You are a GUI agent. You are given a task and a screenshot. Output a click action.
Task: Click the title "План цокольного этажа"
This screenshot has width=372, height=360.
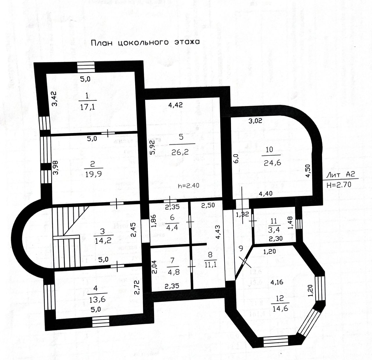[x=145, y=42]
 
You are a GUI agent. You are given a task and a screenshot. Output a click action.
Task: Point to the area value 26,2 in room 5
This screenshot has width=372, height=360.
[x=182, y=151]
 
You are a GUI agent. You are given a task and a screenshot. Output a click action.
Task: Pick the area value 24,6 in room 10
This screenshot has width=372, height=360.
[x=272, y=163]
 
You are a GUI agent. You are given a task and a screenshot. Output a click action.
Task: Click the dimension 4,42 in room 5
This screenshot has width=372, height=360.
[x=176, y=105]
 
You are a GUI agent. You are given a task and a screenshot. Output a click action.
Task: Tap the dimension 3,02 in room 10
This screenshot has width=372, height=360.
[x=255, y=121]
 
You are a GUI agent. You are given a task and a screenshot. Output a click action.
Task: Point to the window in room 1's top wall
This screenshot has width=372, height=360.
[x=87, y=67]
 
